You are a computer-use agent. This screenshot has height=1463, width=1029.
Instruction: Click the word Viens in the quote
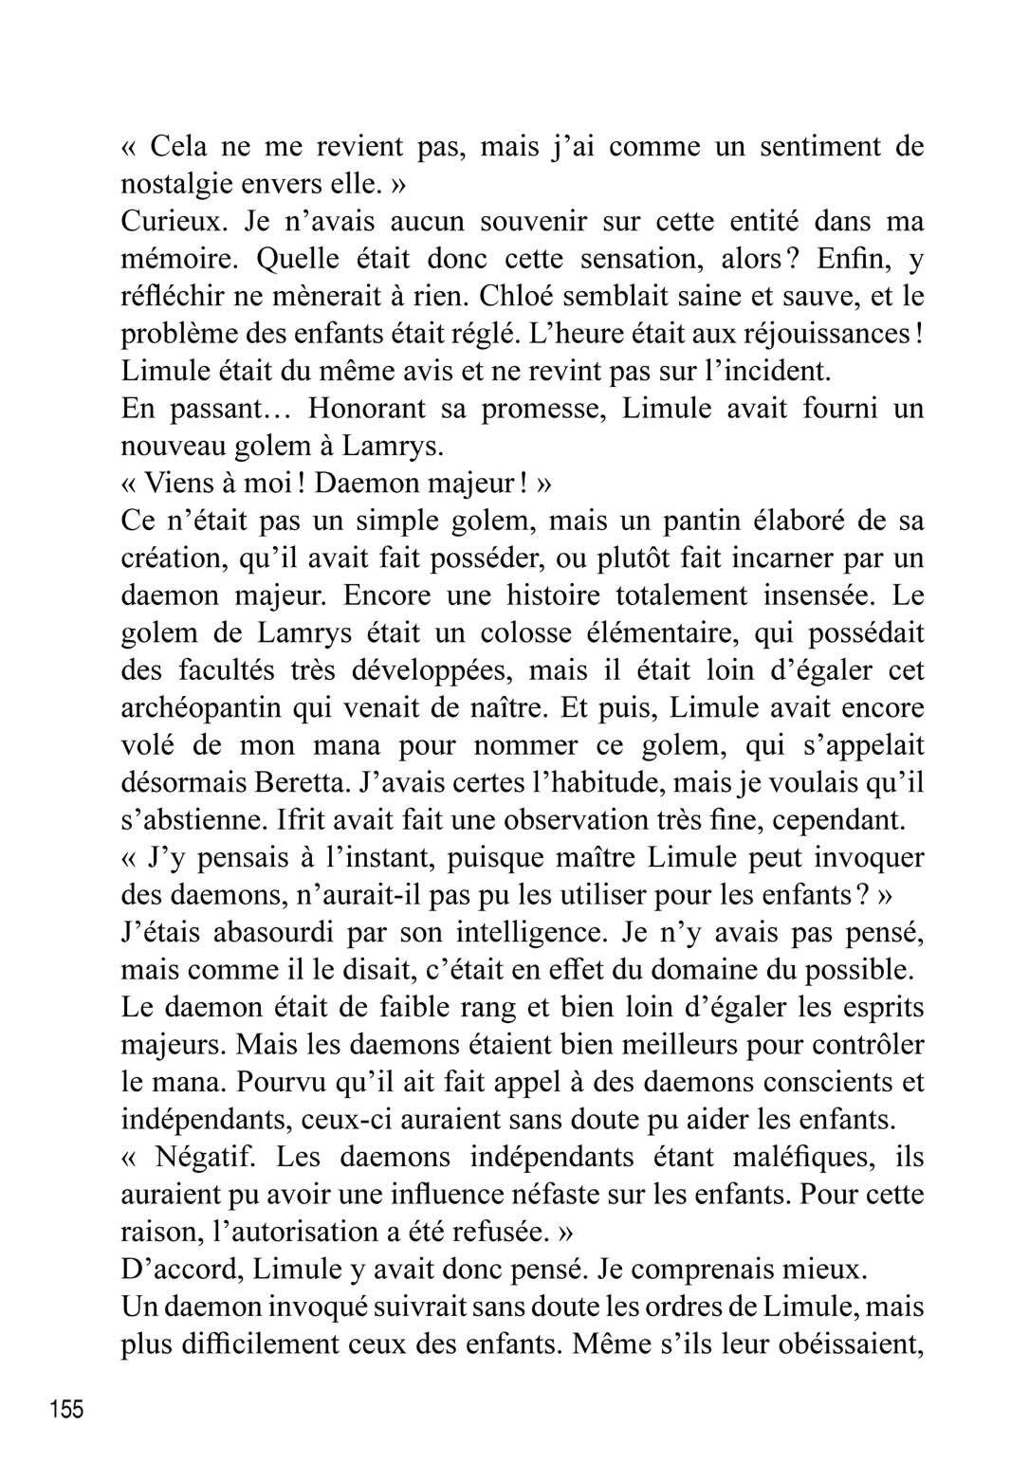pyautogui.click(x=174, y=484)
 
